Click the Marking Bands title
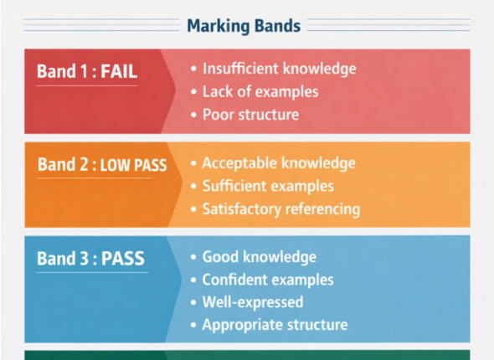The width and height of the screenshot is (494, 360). (x=244, y=26)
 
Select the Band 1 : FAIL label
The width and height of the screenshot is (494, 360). (x=86, y=72)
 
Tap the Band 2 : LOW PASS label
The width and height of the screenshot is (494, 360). (x=101, y=165)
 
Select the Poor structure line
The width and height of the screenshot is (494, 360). (x=250, y=115)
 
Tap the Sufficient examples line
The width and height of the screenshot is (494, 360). (x=267, y=186)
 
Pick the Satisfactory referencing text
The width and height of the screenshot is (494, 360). (x=280, y=208)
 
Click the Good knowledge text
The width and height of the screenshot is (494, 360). (x=259, y=257)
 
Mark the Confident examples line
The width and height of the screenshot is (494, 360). (x=268, y=280)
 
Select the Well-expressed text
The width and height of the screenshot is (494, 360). (x=252, y=302)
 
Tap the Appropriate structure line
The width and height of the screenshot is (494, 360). (x=275, y=325)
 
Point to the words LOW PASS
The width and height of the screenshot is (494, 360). (x=133, y=166)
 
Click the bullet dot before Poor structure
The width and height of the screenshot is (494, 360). (x=193, y=115)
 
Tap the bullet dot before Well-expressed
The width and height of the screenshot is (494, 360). (x=193, y=302)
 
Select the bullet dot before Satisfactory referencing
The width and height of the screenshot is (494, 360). (x=193, y=208)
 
